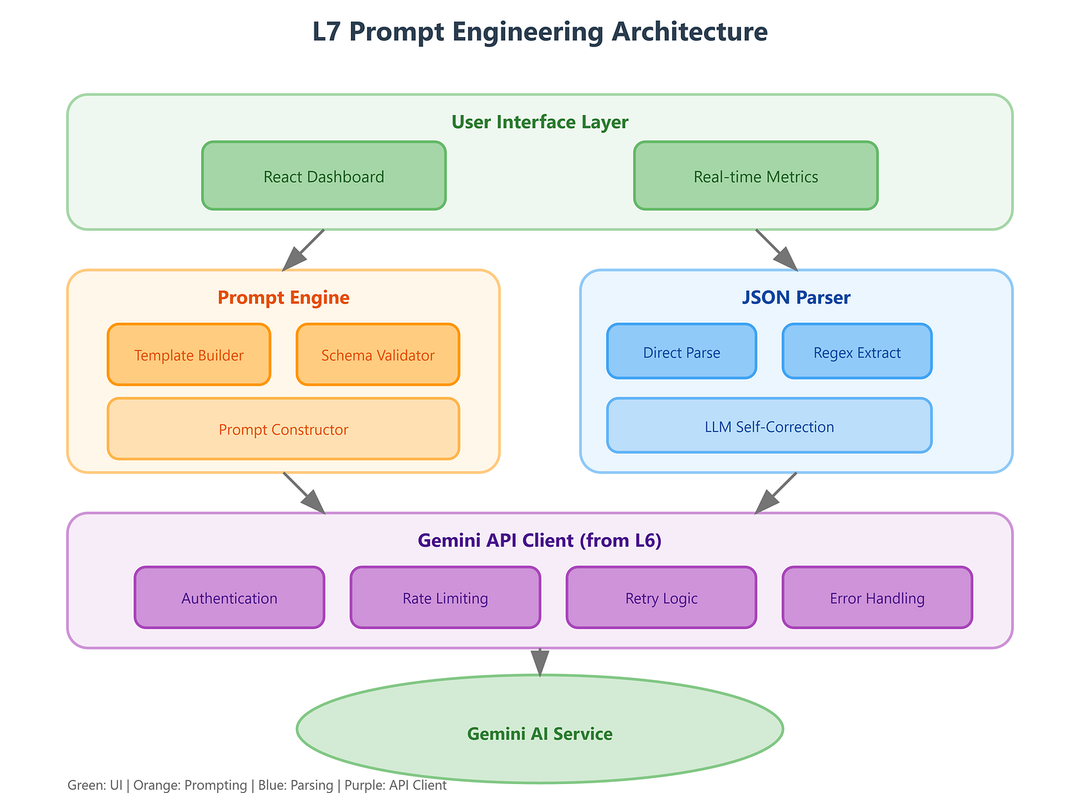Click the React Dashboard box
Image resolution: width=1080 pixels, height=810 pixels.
pos(323,176)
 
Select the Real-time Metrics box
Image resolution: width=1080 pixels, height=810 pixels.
pos(755,176)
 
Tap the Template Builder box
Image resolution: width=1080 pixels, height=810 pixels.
pos(188,355)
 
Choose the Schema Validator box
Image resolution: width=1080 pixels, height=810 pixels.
pos(378,355)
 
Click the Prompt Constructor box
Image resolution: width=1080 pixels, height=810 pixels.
pos(283,429)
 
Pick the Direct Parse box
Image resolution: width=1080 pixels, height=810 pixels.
pos(681,352)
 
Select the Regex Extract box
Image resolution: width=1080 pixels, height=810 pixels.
pos(857,352)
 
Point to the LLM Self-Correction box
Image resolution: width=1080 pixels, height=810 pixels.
pos(768,426)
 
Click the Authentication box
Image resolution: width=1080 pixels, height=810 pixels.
pos(229,597)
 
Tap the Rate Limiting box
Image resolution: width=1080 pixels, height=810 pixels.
pos(445,597)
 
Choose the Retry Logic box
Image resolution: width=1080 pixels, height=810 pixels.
pos(661,597)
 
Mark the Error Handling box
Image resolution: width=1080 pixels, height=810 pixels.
pos(877,597)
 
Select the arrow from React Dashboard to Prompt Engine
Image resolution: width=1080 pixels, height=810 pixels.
pos(304,249)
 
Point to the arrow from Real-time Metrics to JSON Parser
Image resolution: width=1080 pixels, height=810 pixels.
pos(776,249)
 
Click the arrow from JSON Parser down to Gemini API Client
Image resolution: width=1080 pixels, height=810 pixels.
pos(776,493)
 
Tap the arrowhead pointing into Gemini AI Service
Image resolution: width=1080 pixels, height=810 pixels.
pos(539,662)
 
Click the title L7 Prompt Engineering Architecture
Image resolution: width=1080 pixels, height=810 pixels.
pos(539,32)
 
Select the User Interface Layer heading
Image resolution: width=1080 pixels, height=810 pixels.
pos(539,122)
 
